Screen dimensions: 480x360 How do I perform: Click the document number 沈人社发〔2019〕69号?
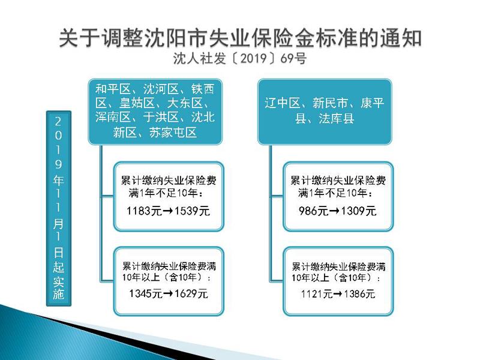coord(239,58)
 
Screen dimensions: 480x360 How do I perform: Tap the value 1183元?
coord(144,211)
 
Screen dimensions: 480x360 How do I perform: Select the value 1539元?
coord(191,211)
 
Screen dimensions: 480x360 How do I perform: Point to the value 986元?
coord(313,211)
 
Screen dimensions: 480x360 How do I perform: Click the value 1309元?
coord(358,211)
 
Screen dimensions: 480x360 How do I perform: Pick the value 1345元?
coord(146,293)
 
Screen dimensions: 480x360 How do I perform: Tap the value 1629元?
coord(191,293)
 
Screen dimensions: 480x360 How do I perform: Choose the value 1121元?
coord(317,294)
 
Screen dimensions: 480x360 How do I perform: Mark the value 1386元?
coord(359,294)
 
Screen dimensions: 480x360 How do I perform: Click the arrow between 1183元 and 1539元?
coord(167,211)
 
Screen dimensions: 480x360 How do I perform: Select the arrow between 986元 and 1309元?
coord(334,211)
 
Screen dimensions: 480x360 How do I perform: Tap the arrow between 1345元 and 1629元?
coord(169,294)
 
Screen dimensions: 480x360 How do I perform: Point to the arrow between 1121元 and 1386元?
coord(338,295)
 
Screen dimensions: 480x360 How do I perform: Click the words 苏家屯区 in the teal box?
coord(173,133)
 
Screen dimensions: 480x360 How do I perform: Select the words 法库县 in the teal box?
coord(337,118)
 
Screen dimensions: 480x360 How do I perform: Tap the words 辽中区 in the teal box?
coord(282,103)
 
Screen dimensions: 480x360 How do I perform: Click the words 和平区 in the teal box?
coord(113,89)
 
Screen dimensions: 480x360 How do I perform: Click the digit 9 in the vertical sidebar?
coord(58,164)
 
